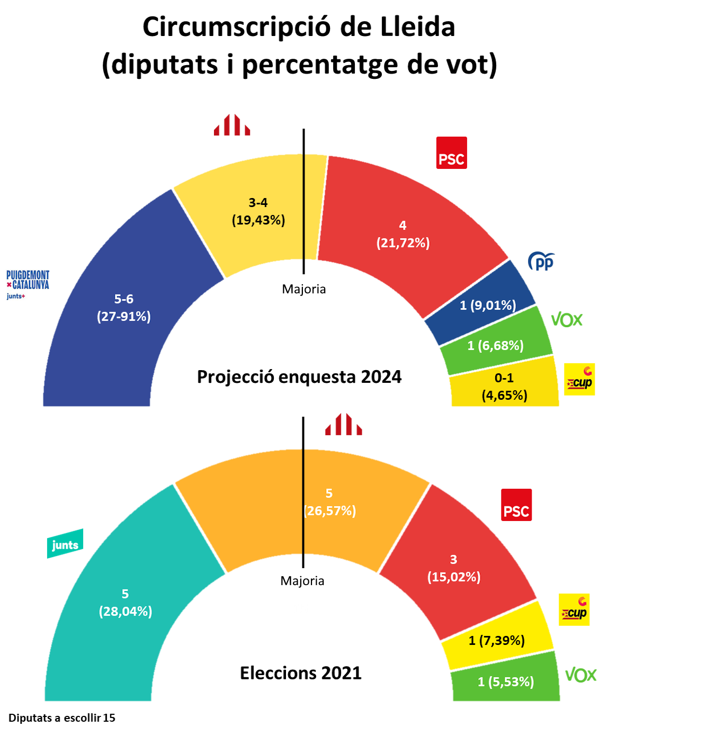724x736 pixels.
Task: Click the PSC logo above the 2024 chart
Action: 451,153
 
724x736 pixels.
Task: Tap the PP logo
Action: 541,261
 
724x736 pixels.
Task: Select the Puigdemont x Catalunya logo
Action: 28,284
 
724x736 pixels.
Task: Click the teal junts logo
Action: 65,544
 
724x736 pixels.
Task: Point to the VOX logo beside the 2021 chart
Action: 580,675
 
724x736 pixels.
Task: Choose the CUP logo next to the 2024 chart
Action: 579,379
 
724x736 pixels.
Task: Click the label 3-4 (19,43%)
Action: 258,211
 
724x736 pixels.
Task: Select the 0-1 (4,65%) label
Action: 504,387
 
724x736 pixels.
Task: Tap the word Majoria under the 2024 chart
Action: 304,289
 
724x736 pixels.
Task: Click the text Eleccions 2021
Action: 301,673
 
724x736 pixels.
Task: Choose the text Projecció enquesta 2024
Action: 299,376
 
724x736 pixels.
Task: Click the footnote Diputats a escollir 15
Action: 62,718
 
